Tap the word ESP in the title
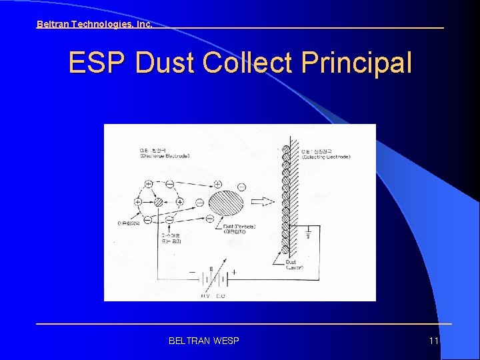point(98,63)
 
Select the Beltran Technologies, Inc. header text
point(94,24)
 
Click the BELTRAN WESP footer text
point(204,341)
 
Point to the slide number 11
point(434,341)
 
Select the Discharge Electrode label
point(165,156)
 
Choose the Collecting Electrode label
point(326,157)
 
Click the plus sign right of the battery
point(234,272)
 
